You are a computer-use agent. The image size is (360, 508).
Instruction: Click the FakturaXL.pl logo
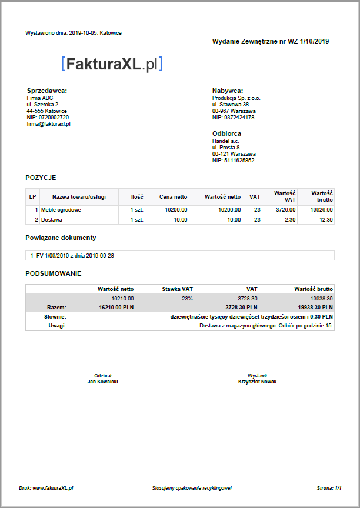click(112, 64)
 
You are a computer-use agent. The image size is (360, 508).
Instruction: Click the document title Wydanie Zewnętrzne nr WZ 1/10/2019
click(271, 41)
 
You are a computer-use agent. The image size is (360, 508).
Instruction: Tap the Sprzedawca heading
click(47, 91)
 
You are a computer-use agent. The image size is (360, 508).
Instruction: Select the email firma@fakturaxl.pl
click(49, 124)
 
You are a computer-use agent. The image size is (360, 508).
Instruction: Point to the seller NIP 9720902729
click(48, 117)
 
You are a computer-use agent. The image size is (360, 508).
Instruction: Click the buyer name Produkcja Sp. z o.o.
click(236, 98)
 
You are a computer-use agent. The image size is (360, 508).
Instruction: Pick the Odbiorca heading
click(226, 133)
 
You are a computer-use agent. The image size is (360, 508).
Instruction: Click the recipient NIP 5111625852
click(233, 161)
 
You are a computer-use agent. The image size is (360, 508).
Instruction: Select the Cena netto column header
click(174, 197)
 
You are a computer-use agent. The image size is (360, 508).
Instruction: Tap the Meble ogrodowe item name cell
click(61, 209)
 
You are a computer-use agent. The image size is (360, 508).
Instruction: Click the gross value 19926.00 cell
click(322, 209)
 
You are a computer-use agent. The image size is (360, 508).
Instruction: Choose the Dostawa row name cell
click(52, 219)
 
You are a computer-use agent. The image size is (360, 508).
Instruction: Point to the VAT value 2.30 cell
click(286, 219)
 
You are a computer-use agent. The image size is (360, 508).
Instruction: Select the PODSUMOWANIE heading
click(54, 273)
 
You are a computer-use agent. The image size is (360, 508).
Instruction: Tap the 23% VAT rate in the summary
click(186, 298)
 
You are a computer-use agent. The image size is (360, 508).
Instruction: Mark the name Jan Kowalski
click(103, 382)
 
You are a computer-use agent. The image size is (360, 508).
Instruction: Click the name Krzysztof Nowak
click(257, 382)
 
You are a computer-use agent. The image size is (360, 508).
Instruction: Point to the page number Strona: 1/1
click(329, 488)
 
